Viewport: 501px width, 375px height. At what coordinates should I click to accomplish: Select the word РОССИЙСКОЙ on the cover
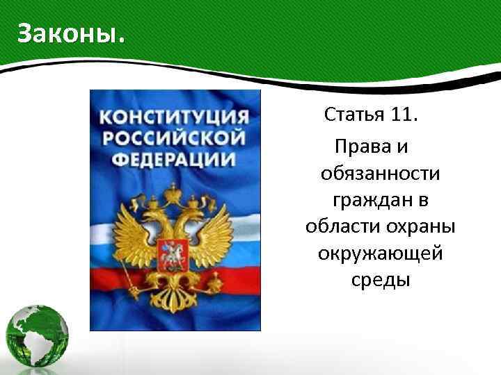(175, 137)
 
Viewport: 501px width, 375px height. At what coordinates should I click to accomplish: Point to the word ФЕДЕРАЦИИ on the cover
(175, 159)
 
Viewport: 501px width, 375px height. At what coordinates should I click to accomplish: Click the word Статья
(350, 114)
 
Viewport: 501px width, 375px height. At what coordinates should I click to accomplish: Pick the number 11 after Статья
(399, 114)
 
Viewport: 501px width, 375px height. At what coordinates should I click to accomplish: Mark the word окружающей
(381, 254)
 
